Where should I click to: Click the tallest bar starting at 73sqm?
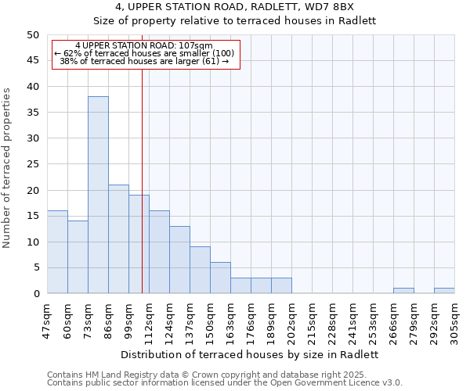tap(98, 195)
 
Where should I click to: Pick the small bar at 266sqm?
tap(403, 291)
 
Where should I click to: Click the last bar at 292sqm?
tap(444, 291)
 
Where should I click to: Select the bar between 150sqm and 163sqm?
tap(220, 278)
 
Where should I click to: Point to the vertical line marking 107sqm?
tap(142, 180)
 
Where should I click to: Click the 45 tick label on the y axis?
tap(33, 61)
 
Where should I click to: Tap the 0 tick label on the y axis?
tap(36, 294)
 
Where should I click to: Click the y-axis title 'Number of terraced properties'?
tap(7, 168)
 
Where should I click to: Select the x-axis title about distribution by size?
tap(251, 354)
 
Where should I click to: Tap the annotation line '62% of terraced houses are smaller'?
tap(144, 53)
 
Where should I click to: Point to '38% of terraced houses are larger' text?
tap(144, 61)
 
